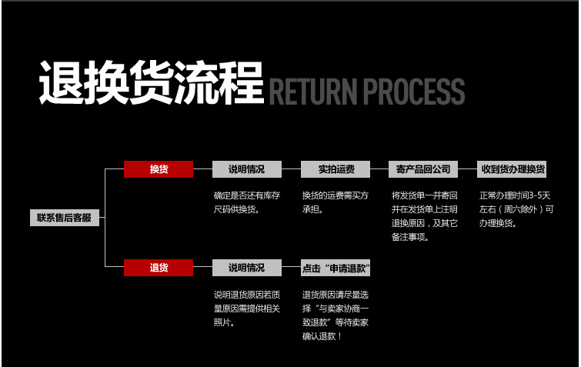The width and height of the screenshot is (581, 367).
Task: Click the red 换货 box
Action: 159,169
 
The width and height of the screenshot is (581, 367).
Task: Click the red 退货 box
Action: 159,268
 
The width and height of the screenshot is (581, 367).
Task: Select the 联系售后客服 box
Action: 65,218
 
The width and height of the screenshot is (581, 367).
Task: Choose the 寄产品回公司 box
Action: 423,169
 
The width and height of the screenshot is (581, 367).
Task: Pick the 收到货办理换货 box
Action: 513,169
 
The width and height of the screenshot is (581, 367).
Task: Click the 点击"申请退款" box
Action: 336,268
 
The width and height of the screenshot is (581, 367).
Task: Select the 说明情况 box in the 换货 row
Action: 246,169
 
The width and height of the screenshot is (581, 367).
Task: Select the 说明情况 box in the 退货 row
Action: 246,268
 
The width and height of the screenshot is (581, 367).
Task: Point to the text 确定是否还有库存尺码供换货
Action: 247,202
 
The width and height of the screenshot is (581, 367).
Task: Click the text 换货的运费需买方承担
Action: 335,202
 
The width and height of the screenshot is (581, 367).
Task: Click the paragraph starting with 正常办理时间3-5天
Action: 515,209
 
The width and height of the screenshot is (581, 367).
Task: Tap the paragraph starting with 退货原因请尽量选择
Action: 336,315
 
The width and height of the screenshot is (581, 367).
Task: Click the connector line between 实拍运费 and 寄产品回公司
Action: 379,169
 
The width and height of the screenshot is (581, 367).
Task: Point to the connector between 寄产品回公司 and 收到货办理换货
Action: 469,169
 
